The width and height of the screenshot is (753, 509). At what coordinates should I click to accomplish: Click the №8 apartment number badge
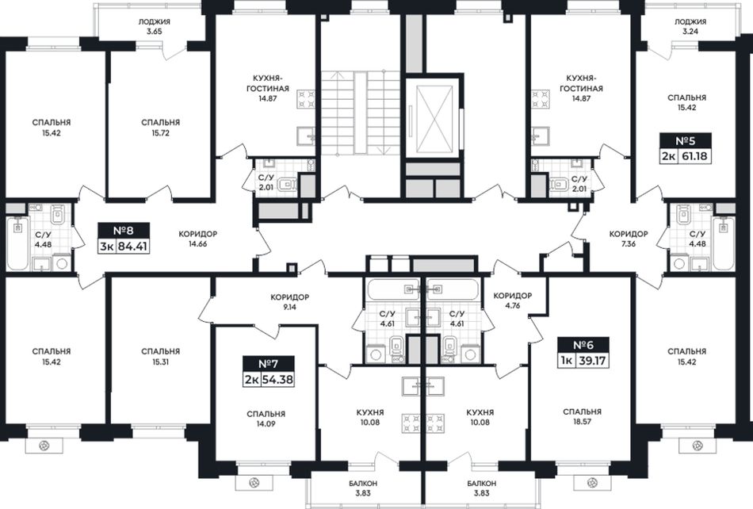click(124, 231)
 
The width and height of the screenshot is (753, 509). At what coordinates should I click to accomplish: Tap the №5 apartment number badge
click(686, 141)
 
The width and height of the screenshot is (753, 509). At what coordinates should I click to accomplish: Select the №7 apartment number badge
click(269, 364)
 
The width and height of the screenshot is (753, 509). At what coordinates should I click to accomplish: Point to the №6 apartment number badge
click(583, 345)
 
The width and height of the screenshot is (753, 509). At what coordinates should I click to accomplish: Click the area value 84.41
click(132, 247)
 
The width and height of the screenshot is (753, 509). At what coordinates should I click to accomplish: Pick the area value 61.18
click(694, 156)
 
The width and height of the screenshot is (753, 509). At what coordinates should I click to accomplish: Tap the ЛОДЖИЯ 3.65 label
click(154, 27)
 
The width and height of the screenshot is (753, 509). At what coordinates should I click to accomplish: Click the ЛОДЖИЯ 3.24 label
click(690, 27)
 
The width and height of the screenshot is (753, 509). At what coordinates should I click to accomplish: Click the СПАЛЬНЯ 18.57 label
click(582, 417)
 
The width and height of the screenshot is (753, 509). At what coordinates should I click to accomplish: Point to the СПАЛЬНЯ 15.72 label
click(161, 128)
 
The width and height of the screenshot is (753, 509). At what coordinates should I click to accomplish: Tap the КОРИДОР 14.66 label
click(198, 239)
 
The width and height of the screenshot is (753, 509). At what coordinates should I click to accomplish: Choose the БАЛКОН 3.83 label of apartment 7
click(363, 488)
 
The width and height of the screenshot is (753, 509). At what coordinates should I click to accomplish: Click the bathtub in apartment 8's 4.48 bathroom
click(18, 243)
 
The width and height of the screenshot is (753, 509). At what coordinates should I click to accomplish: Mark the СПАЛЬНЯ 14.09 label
click(266, 419)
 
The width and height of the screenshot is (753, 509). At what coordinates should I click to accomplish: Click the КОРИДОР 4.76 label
click(513, 300)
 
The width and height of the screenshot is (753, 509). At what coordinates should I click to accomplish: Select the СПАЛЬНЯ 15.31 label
click(161, 357)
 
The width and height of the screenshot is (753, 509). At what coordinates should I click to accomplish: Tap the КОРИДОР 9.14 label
click(289, 302)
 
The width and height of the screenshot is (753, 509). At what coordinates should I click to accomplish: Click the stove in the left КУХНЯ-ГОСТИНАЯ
click(306, 99)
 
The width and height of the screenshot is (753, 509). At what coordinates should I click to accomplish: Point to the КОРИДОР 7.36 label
click(629, 239)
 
